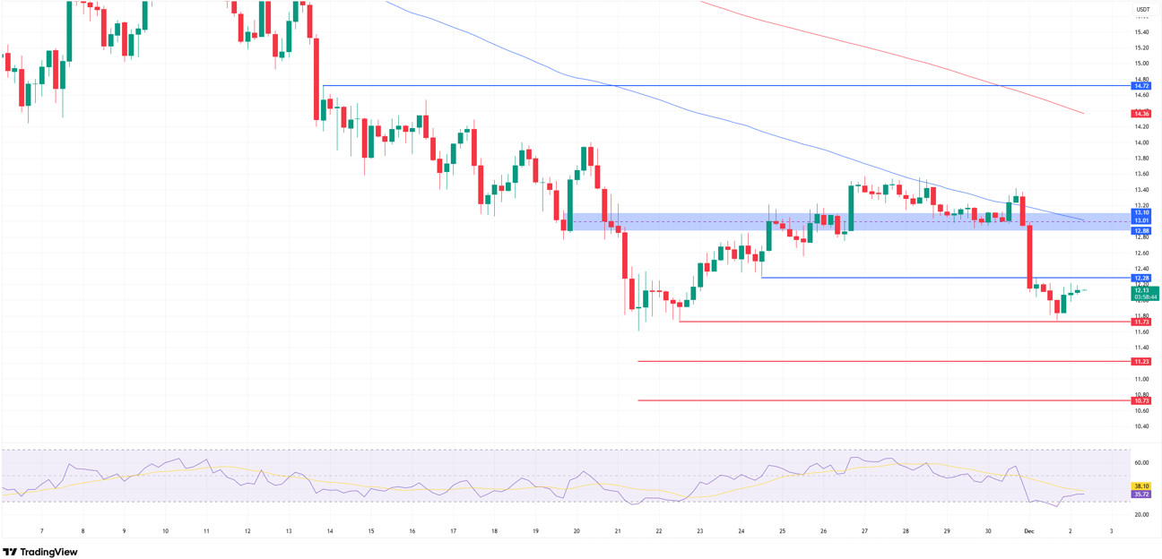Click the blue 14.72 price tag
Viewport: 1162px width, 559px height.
click(x=1141, y=86)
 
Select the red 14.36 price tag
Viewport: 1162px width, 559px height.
click(x=1141, y=114)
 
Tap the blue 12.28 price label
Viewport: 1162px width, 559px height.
click(x=1141, y=278)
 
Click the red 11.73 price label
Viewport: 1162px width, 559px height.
click(x=1141, y=322)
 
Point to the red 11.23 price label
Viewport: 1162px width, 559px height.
click(x=1141, y=362)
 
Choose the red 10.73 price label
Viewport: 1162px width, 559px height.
click(x=1141, y=401)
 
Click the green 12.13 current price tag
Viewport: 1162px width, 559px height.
click(x=1143, y=290)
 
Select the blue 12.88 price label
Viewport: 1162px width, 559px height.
click(x=1141, y=230)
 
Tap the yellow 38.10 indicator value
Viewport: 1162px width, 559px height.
click(x=1141, y=486)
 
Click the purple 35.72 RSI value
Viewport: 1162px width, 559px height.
click(x=1141, y=494)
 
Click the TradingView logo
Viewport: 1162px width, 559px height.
click(x=40, y=552)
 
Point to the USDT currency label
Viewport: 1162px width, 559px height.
click(x=1143, y=10)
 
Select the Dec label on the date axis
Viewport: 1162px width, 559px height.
click(x=1029, y=531)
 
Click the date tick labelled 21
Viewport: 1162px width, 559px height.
click(x=618, y=531)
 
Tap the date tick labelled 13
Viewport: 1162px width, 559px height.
click(x=289, y=531)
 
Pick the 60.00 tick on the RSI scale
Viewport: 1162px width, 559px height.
click(x=1141, y=463)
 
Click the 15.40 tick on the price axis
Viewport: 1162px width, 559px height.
click(x=1141, y=32)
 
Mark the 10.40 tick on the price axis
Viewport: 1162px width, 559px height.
click(x=1141, y=426)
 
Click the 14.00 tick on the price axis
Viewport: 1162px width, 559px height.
click(x=1141, y=142)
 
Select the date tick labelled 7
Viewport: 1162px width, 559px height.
click(x=41, y=531)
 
